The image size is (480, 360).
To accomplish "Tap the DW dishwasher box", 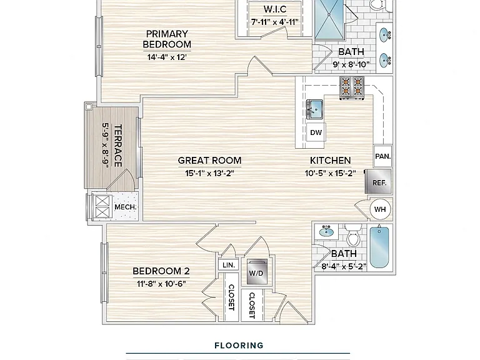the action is click(x=316, y=132).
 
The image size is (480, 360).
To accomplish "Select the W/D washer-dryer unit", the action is click(x=256, y=272).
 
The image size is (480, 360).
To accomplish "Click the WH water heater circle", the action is click(x=380, y=209).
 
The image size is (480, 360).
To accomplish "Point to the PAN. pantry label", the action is click(x=382, y=156).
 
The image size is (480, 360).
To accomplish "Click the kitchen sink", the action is click(x=314, y=109).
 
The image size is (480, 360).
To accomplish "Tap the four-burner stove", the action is click(x=352, y=87).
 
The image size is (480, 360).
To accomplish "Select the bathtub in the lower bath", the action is click(x=379, y=247).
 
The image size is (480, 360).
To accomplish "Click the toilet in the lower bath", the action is click(x=354, y=235).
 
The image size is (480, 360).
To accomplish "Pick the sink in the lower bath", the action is click(x=326, y=231).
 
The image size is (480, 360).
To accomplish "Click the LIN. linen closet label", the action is click(x=229, y=265).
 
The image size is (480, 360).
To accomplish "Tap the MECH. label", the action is click(x=125, y=207).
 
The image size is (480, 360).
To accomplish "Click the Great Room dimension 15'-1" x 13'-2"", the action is click(x=210, y=173).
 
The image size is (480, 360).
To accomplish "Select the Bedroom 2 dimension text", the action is click(x=161, y=284).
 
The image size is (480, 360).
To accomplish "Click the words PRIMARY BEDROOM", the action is click(x=167, y=39).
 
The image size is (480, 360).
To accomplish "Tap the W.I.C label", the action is click(x=275, y=9).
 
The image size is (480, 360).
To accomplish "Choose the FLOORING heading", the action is click(x=239, y=346).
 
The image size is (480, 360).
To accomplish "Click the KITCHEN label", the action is click(x=330, y=161).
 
